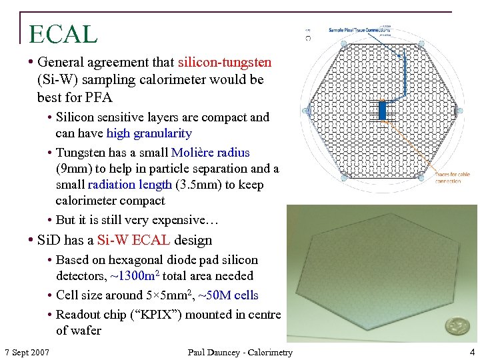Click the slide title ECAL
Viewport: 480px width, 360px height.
63,33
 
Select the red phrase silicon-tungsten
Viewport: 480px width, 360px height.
225,63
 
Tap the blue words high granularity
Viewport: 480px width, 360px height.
149,133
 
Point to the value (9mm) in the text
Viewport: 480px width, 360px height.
76,169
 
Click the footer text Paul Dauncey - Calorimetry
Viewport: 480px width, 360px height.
239,352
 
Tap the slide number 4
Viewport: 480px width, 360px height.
471,351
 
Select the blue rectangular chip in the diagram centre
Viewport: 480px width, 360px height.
382,109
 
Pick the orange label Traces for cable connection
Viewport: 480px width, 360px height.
453,178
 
